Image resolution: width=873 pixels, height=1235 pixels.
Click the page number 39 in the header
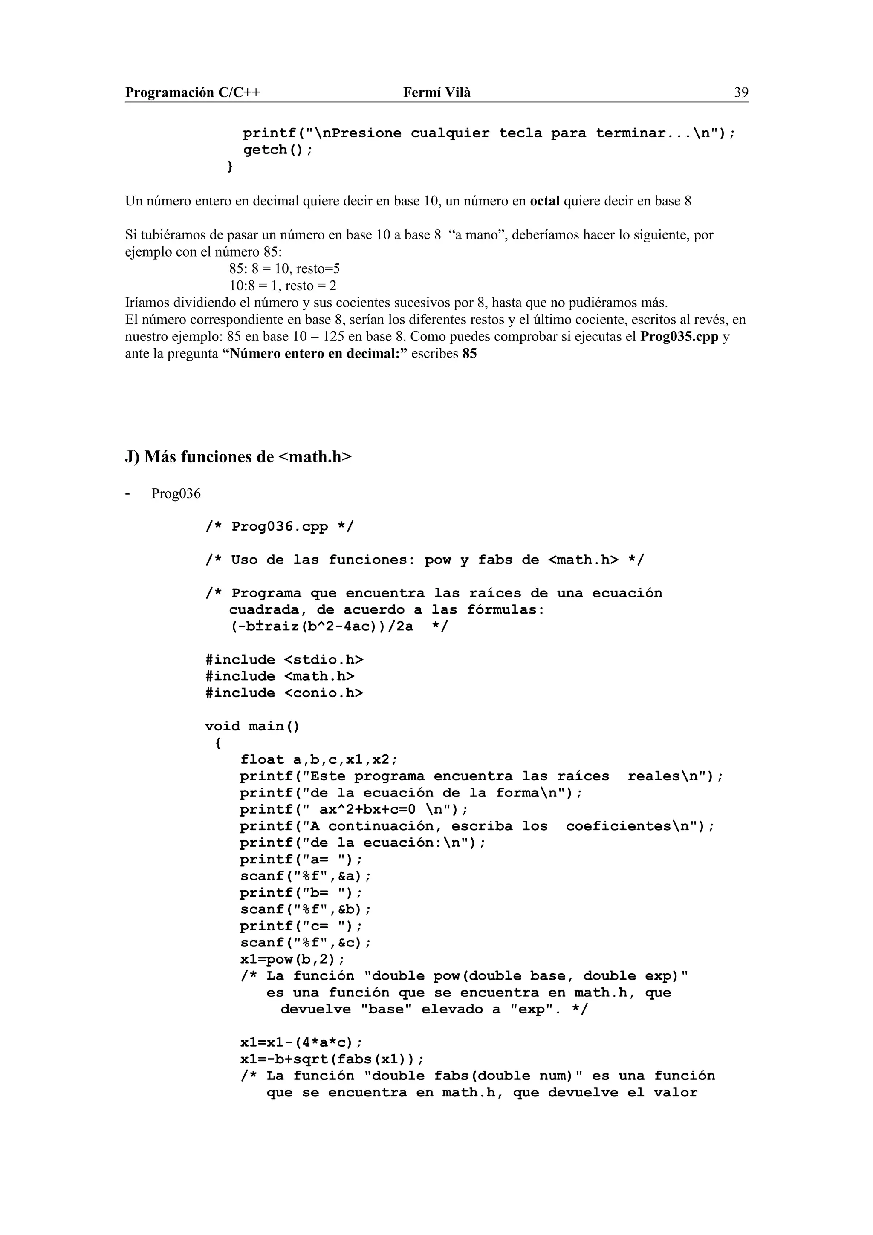741,92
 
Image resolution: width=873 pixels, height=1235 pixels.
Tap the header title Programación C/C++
193,92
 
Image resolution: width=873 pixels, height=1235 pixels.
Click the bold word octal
544,201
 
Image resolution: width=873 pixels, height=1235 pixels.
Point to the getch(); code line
277,150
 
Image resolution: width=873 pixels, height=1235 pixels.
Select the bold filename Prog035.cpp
679,337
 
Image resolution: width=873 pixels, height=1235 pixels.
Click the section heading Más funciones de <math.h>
238,457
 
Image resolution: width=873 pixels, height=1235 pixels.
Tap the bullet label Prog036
176,493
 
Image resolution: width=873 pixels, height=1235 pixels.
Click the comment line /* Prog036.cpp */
280,527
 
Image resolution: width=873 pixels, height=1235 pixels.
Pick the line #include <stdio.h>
284,659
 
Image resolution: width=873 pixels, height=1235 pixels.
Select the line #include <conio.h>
284,693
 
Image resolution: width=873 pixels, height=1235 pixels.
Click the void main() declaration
252,726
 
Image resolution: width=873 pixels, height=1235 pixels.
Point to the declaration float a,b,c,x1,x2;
318,759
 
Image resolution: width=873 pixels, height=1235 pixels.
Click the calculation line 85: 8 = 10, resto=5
285,268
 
